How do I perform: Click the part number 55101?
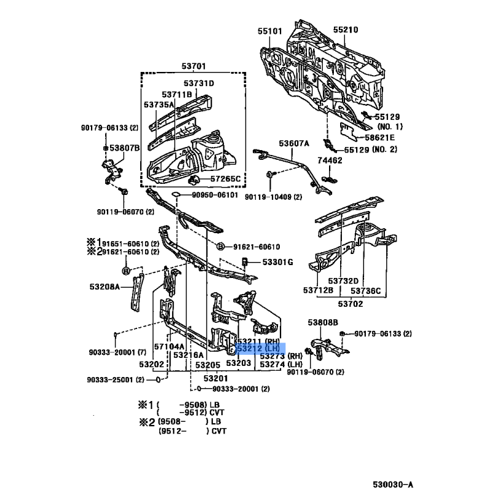(270, 30)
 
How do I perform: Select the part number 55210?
(346, 30)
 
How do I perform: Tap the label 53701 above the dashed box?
(193, 66)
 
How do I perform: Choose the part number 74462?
(330, 160)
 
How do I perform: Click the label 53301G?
(278, 262)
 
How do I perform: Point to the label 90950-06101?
(213, 195)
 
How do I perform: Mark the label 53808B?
(323, 322)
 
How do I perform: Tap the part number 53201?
(216, 378)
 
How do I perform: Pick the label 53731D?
(198, 83)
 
